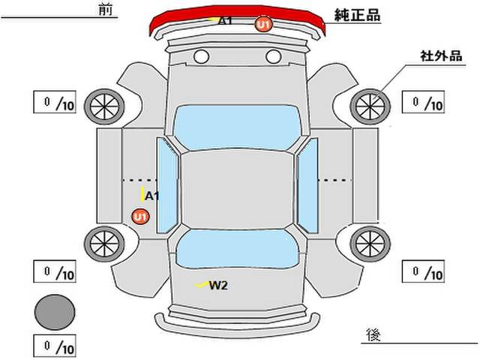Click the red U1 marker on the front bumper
[262, 25]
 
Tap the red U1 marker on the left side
[139, 217]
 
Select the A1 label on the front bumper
[225, 21]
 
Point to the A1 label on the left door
[152, 196]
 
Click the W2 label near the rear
[218, 284]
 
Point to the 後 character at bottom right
[373, 333]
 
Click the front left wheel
[102, 106]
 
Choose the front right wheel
[369, 106]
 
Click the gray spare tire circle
[55, 310]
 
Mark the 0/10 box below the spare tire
[55, 346]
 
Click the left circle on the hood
[201, 56]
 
